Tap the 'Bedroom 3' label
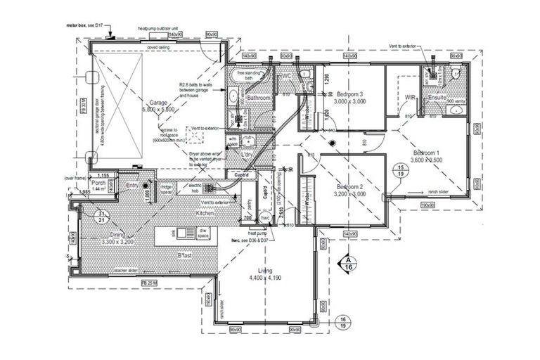pyautogui.click(x=349, y=94)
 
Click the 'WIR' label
pyautogui.click(x=411, y=97)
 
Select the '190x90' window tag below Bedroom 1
pyautogui.click(x=426, y=205)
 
